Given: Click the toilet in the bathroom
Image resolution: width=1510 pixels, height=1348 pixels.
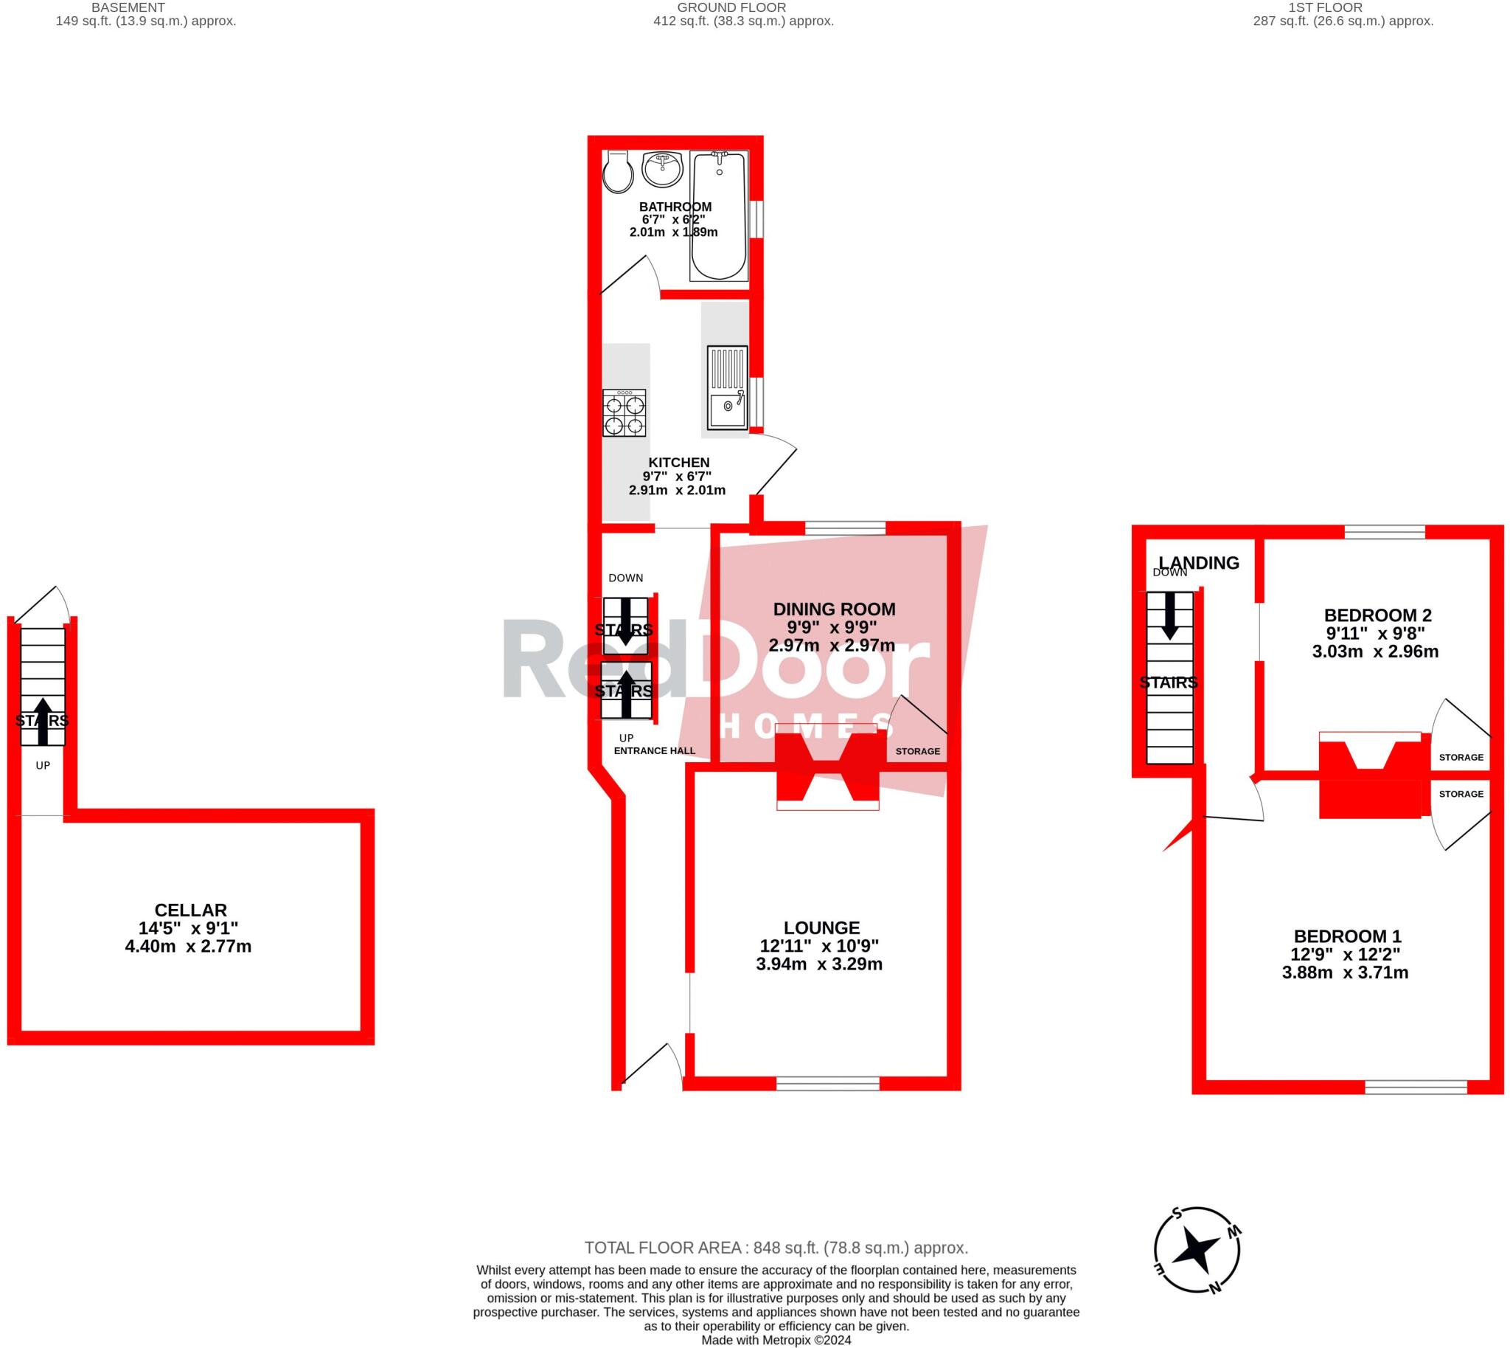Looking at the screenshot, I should [x=616, y=173].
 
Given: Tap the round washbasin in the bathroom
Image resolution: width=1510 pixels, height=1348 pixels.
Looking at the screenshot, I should [x=662, y=170].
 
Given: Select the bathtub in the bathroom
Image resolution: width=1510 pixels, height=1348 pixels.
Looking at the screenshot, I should [x=718, y=216].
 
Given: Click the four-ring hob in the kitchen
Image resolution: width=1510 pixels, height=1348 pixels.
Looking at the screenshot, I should [x=624, y=413].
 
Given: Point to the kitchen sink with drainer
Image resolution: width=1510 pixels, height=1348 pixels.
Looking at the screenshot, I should [x=727, y=388].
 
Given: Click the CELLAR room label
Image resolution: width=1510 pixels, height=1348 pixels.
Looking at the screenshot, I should [x=190, y=910].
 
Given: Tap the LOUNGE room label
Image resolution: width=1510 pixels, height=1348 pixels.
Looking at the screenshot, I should [x=821, y=928].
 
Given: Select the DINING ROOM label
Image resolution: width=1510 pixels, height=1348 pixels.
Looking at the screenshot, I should [x=834, y=609].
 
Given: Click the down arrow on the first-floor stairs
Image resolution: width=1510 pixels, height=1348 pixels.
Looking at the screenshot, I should [x=1169, y=615].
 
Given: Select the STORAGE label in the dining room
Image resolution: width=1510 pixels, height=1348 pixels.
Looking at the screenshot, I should [x=917, y=751].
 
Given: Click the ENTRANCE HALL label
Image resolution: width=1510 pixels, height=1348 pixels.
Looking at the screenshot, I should [x=654, y=750].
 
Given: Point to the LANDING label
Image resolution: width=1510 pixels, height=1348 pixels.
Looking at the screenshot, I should [x=1198, y=563].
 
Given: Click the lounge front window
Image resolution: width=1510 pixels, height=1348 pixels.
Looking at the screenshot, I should [x=827, y=1084].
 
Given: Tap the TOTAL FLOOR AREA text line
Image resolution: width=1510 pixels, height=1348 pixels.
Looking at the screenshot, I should [x=776, y=1248].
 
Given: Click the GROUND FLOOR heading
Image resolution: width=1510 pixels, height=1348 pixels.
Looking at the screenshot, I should [x=731, y=7].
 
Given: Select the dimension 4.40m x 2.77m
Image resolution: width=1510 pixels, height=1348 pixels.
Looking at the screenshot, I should [x=188, y=947].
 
